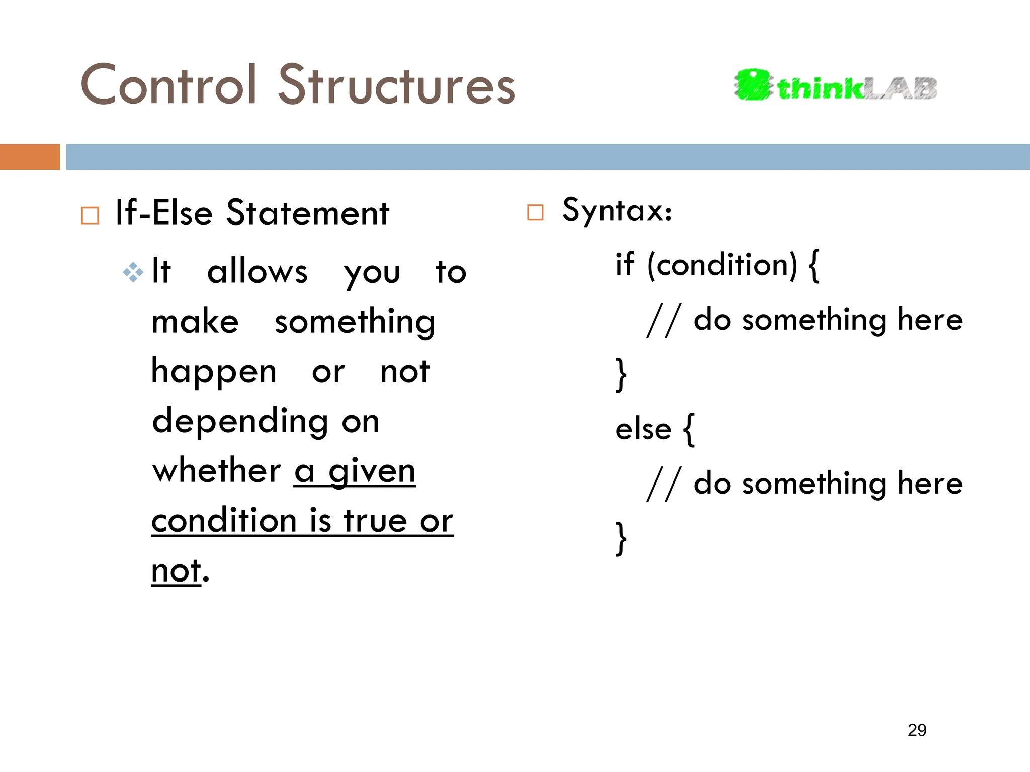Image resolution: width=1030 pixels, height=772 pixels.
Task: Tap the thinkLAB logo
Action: point(835,85)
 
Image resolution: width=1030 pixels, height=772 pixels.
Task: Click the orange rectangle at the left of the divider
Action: point(30,157)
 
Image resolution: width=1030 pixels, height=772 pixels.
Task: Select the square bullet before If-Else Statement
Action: point(90,215)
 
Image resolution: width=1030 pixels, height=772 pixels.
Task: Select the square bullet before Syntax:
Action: point(535,212)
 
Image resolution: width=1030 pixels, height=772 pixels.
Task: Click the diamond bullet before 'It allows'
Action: point(133,272)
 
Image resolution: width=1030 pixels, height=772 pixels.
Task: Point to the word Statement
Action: point(307,213)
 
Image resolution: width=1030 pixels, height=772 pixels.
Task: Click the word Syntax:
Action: point(617,210)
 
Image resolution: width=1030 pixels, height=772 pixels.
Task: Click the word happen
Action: point(214,372)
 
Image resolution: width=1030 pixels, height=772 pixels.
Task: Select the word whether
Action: point(216,471)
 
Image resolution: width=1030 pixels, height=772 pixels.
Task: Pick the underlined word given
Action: point(372,472)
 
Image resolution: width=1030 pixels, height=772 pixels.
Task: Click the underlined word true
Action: point(375,521)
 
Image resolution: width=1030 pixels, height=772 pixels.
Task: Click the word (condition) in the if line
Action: point(722,265)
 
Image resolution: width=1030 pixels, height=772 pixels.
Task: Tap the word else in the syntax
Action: point(643,430)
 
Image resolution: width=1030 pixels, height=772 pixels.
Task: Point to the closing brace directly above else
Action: point(621,374)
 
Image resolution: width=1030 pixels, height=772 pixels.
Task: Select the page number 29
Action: point(917,730)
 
